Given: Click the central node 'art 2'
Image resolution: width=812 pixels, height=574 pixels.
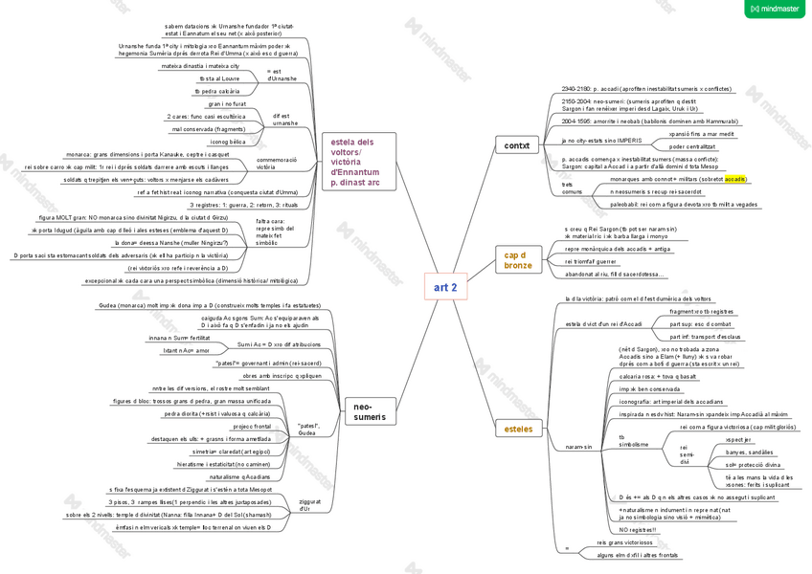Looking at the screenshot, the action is (x=445, y=287).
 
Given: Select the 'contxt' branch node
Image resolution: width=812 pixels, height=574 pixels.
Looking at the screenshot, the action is (x=517, y=145).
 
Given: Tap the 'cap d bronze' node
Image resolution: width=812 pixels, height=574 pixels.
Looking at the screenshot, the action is (x=518, y=259).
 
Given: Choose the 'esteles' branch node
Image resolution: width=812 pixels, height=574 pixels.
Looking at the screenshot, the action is (x=519, y=429).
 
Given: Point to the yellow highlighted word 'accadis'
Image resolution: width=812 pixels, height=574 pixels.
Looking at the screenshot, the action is (x=735, y=179).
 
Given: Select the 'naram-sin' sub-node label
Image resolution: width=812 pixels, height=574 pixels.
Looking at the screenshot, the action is (x=578, y=447).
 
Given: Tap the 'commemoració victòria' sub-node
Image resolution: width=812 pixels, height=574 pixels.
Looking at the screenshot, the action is (x=279, y=163).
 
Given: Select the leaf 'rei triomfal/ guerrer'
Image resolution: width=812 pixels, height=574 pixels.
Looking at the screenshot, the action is (x=591, y=260).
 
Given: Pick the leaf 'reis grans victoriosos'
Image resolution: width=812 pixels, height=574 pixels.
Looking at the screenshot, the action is (x=624, y=542).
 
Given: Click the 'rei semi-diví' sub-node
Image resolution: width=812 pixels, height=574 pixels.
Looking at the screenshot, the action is (x=686, y=454).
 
